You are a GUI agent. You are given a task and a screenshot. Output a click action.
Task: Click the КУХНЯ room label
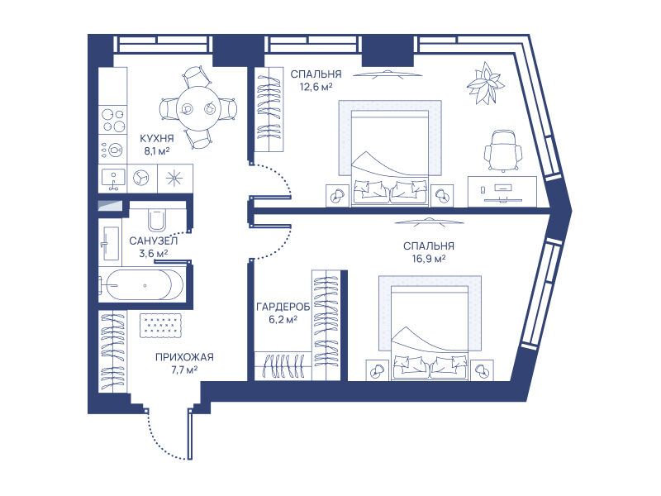click(x=156, y=138)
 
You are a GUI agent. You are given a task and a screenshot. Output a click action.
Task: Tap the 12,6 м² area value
click(x=316, y=88)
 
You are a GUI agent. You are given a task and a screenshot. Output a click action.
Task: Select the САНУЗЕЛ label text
click(x=154, y=241)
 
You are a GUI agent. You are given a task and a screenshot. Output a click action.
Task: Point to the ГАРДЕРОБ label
click(x=283, y=307)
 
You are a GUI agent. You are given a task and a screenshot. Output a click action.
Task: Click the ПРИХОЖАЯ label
click(x=184, y=357)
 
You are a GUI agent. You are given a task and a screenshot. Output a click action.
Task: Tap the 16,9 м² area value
click(x=429, y=259)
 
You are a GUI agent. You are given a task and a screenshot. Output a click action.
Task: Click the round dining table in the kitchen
click(x=198, y=108)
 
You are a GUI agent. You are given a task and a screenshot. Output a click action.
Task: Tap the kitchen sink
click(x=113, y=179)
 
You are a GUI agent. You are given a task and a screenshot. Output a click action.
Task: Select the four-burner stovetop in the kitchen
click(x=113, y=120)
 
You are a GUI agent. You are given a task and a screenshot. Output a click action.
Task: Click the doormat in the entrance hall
click(x=160, y=325)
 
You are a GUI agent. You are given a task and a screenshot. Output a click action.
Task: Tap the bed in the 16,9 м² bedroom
click(x=430, y=328)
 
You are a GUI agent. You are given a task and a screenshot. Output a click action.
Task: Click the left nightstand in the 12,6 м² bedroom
click(x=338, y=195)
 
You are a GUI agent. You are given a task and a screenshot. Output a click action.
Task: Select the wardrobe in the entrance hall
click(x=113, y=352)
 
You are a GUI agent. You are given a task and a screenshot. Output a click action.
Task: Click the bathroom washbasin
click(x=110, y=244)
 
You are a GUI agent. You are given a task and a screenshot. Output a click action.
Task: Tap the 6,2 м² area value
click(x=283, y=320)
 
